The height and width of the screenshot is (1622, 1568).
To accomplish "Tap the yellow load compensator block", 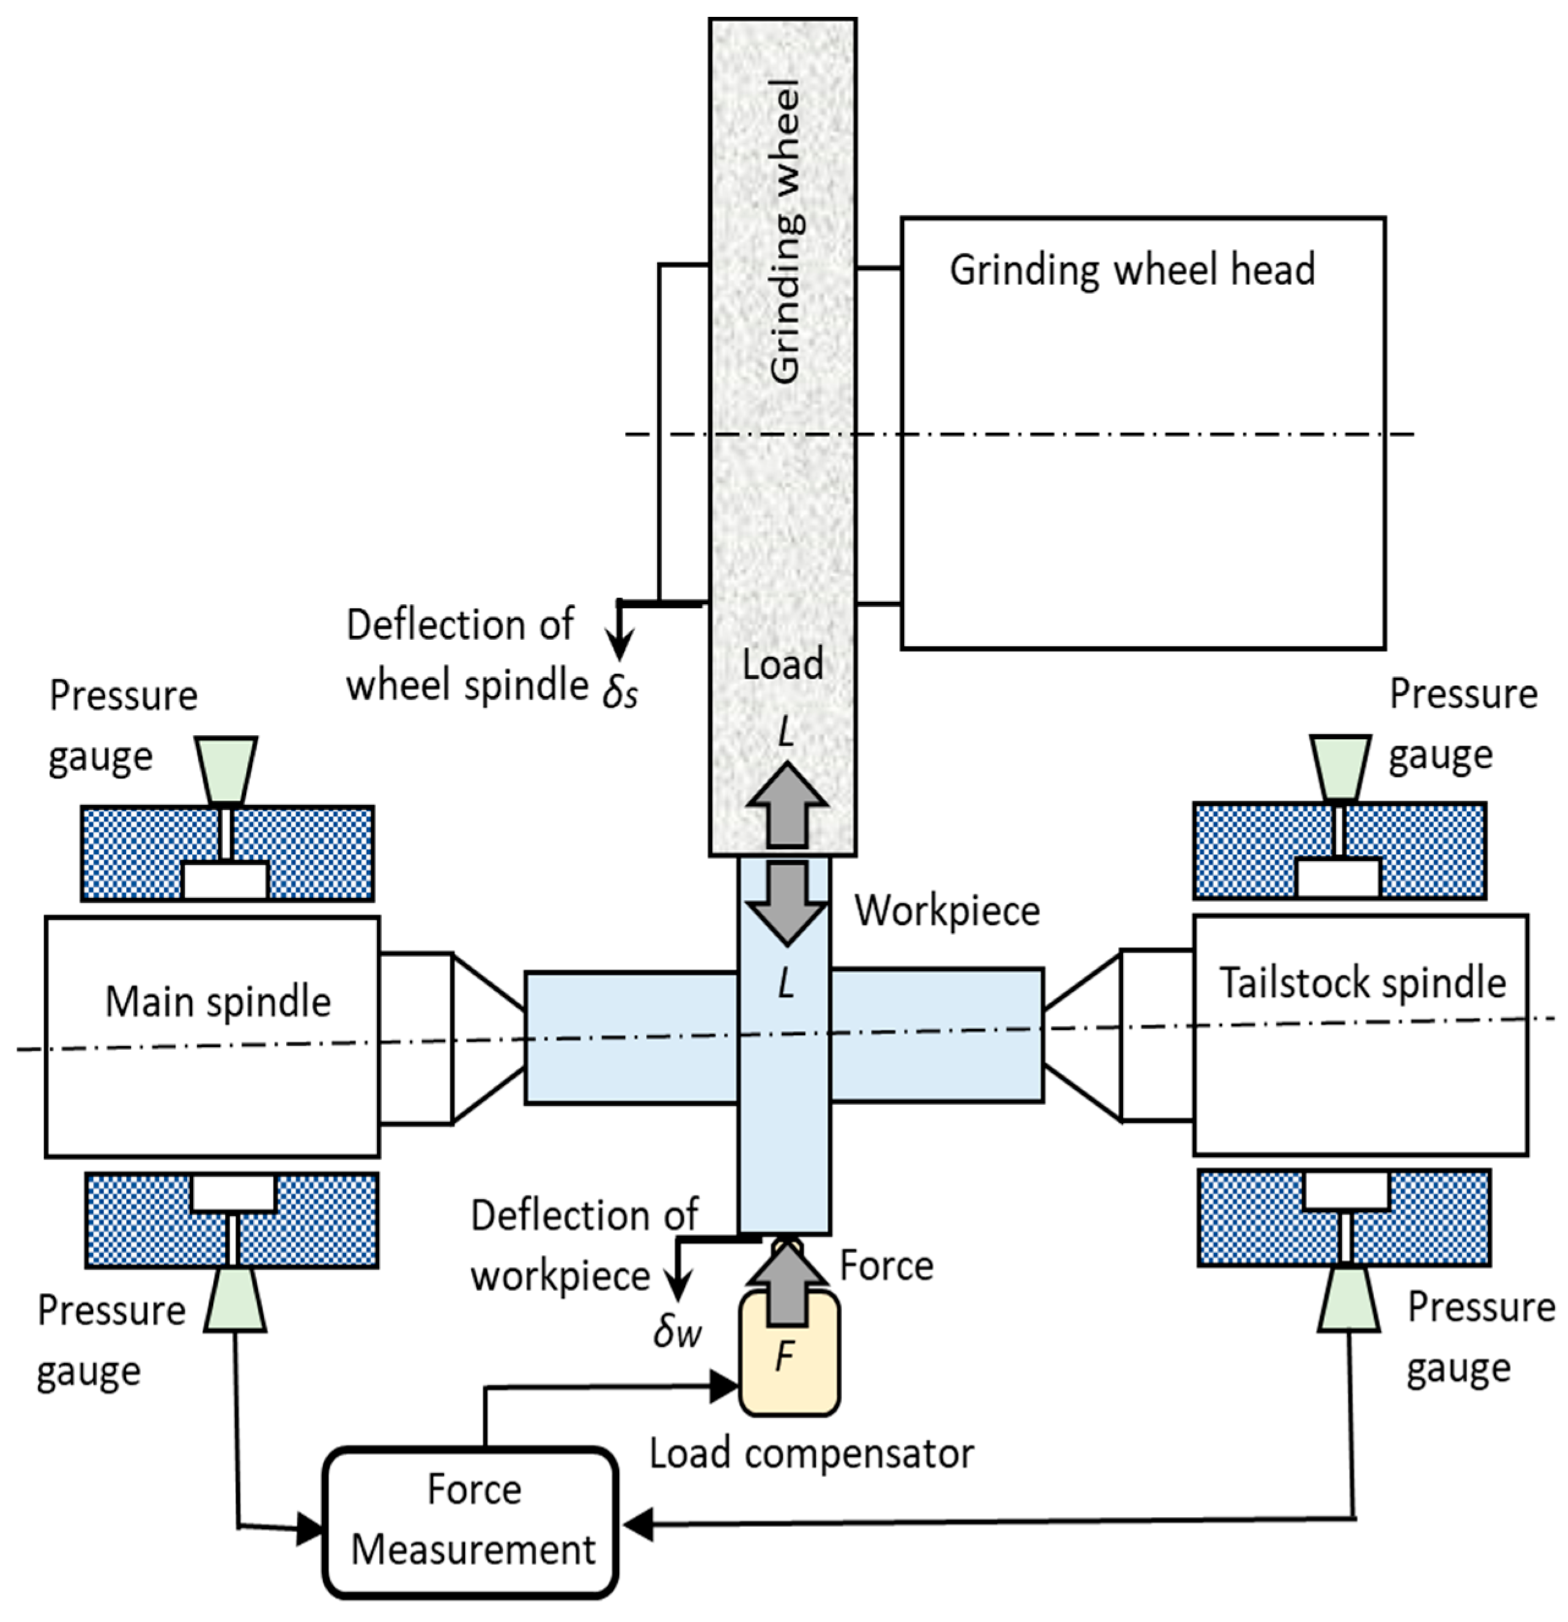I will [788, 1364].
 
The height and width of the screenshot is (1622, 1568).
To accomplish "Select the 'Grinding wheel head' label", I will [1131, 270].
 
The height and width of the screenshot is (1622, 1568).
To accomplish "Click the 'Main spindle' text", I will [218, 1002].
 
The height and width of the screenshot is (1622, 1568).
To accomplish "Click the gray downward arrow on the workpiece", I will [786, 903].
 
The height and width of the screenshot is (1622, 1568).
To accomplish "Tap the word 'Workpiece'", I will [947, 911].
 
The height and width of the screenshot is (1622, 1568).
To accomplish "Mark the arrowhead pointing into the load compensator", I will [724, 1388].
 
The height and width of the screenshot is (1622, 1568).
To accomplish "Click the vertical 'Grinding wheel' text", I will [785, 232].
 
